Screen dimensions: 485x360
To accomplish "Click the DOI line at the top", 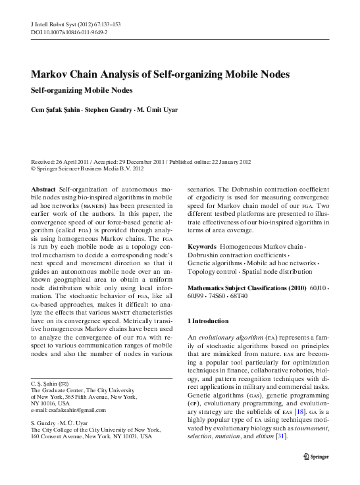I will pyautogui.click(x=70, y=31).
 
